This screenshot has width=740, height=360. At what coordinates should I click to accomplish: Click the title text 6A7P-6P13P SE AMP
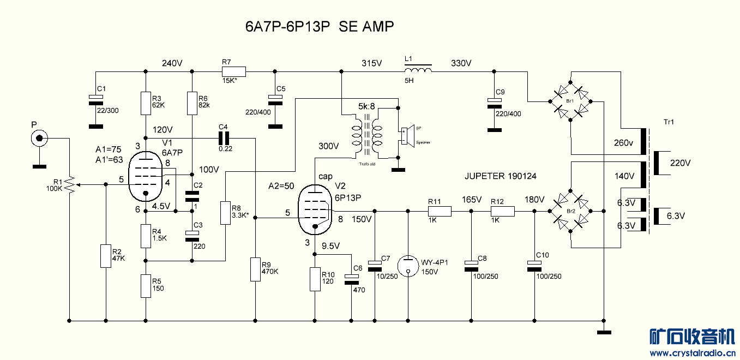[x=320, y=27]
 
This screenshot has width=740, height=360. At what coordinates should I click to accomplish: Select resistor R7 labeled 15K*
[x=234, y=71]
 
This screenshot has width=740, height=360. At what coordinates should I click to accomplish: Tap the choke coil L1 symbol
[x=418, y=70]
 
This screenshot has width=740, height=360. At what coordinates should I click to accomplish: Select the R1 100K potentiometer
[x=69, y=185]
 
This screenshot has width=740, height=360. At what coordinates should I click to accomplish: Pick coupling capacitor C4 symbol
[x=223, y=137]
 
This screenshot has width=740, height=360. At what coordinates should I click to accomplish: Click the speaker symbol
[x=405, y=135]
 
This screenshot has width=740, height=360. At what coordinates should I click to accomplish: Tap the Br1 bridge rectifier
[x=569, y=101]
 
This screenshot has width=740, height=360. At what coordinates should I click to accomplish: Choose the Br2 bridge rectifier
[x=569, y=211]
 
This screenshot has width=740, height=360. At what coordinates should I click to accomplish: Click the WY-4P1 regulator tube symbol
[x=408, y=265]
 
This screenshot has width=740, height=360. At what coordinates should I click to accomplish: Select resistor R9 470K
[x=255, y=269]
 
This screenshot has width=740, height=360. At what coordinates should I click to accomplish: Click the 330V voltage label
[x=461, y=63]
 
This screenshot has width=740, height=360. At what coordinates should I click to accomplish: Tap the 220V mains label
[x=679, y=163]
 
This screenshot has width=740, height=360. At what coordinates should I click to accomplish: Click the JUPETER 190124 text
[x=500, y=176]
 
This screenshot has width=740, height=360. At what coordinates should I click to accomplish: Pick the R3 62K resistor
[x=146, y=103]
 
